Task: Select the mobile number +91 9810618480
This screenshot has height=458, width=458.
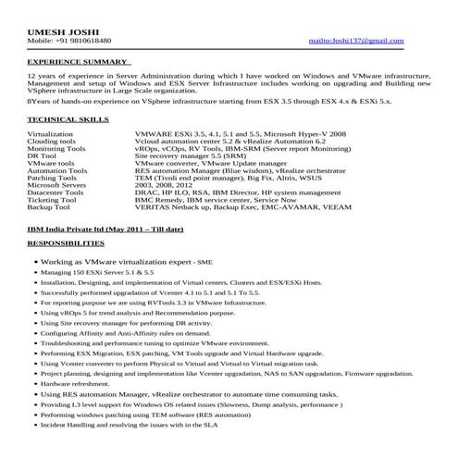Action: click(69, 42)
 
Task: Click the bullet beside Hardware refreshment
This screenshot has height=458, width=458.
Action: click(33, 383)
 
